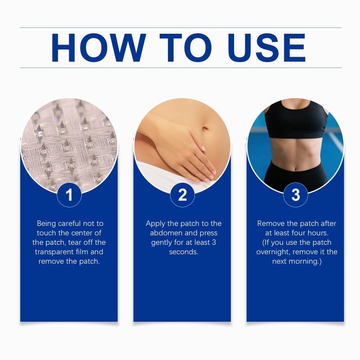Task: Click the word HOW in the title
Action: (98, 48)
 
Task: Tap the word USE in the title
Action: (266, 48)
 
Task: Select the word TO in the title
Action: (185, 48)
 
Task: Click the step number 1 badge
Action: (69, 195)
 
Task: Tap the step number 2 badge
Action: (182, 195)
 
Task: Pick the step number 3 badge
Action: (296, 195)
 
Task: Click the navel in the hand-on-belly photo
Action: (205, 128)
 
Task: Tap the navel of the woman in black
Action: (296, 170)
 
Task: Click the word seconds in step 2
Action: (184, 252)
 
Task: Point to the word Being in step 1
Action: (46, 224)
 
